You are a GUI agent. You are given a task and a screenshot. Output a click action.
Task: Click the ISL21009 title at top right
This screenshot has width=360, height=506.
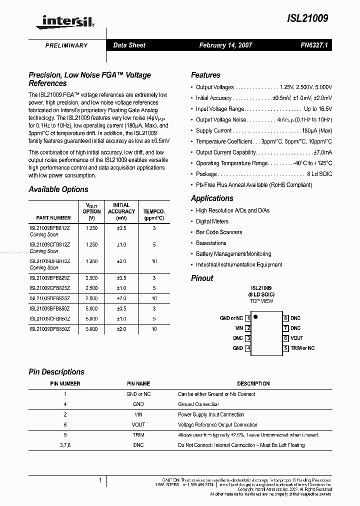point(308,18)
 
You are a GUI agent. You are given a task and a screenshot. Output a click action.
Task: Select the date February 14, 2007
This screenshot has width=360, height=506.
point(225,45)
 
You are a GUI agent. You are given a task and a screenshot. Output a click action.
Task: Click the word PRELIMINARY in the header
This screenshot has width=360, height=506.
point(66,45)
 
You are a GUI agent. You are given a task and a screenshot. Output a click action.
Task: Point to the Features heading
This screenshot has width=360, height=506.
point(205,75)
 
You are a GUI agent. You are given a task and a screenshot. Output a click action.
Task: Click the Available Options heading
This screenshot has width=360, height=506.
point(58,189)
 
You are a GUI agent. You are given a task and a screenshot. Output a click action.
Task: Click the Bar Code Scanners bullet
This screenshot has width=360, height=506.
point(218,232)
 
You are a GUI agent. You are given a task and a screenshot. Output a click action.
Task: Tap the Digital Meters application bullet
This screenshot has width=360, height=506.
point(212,221)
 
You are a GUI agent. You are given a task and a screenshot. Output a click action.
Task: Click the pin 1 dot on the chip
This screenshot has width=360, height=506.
point(255,316)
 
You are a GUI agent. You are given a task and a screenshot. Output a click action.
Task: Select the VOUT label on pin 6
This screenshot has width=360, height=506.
point(296,338)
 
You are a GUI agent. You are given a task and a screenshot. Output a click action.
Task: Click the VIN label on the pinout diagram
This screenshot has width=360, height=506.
point(238,328)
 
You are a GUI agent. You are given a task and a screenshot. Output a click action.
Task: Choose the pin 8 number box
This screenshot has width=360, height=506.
point(285,318)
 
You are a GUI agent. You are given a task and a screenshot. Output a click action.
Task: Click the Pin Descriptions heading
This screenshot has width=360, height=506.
point(56,372)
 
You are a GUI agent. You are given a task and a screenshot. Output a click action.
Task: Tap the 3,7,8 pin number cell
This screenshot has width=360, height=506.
point(65,445)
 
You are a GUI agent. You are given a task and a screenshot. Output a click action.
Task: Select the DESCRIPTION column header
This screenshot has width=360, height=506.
point(253,383)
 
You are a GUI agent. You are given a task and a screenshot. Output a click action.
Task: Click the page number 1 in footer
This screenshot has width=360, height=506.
point(100,480)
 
